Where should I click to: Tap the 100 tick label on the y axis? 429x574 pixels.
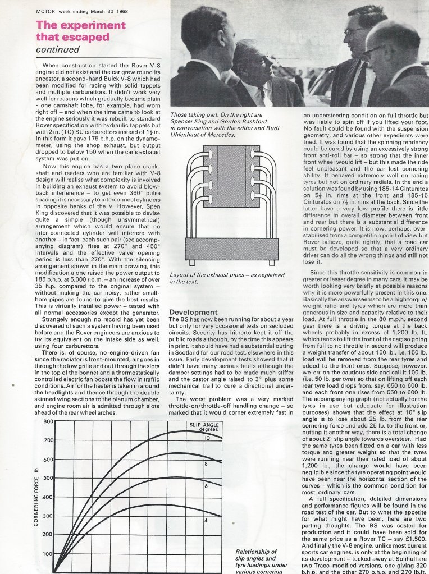click(47, 554)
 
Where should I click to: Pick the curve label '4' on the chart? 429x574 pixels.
click(206, 521)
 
